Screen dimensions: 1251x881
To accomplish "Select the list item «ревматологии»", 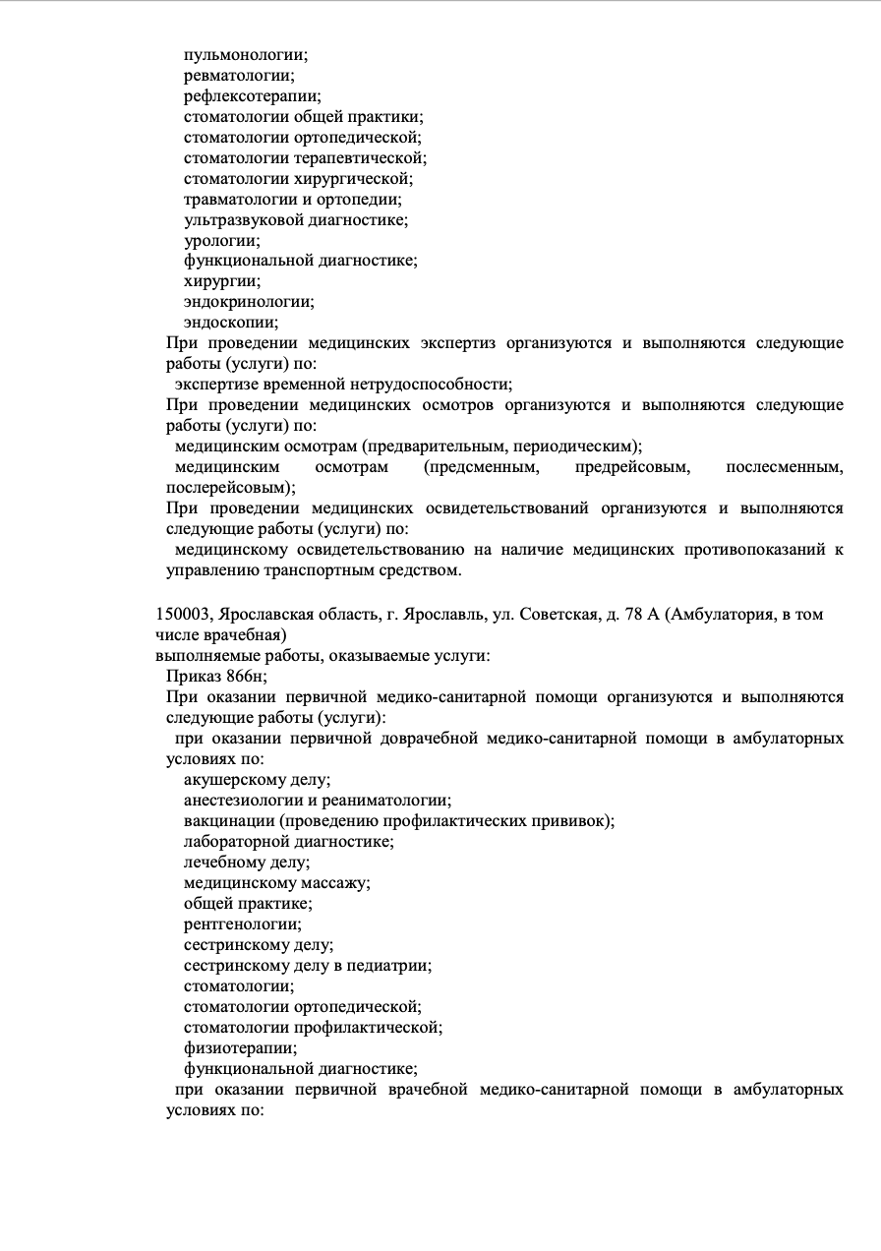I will tap(237, 75).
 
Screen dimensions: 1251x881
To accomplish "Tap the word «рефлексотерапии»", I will tap(251, 95).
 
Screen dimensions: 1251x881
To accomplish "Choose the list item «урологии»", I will tap(220, 240).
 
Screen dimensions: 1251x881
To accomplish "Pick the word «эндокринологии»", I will tap(248, 302).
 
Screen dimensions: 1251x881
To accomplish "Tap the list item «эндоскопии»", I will tap(230, 323).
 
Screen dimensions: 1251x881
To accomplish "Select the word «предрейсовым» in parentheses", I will tap(631, 466).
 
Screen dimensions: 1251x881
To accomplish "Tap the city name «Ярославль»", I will tap(448, 615).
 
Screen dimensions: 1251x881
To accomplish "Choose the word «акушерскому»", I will tap(235, 780).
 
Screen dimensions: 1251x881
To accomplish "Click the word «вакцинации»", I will tap(228, 821).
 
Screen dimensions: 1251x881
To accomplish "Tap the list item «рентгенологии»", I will tap(242, 923).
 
